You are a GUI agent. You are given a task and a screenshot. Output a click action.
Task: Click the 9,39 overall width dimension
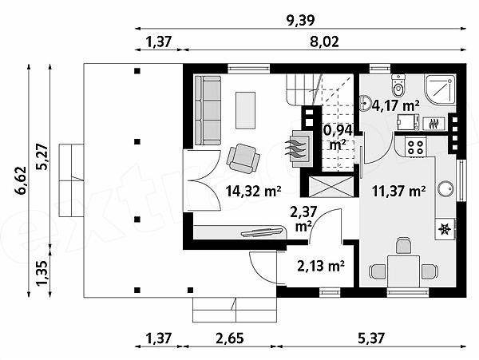tap(300, 20)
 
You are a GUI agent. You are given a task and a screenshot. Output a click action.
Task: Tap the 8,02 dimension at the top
tap(324, 42)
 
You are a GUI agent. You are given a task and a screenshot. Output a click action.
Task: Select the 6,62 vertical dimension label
tap(21, 180)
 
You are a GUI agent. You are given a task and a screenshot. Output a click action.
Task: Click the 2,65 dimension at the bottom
tap(230, 338)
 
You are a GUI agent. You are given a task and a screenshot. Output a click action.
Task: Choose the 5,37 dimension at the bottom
tap(371, 338)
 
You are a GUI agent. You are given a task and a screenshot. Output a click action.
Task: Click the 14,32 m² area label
tap(254, 192)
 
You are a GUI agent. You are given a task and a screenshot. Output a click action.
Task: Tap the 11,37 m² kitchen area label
tap(399, 192)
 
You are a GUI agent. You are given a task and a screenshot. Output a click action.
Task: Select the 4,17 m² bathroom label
tap(395, 106)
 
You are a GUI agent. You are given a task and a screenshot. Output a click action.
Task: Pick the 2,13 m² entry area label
tap(321, 266)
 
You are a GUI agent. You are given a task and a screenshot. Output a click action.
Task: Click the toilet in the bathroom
tap(398, 85)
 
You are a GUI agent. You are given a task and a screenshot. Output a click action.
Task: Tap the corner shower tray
tap(440, 89)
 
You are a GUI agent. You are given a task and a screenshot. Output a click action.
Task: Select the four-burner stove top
tap(416, 147)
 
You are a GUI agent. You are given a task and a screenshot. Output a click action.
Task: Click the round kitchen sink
tap(446, 189)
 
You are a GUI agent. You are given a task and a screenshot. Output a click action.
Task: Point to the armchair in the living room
tap(243, 159)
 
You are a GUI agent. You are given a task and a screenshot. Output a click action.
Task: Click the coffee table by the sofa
tap(245, 110)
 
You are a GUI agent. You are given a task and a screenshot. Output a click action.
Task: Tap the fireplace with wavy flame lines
tap(299, 148)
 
